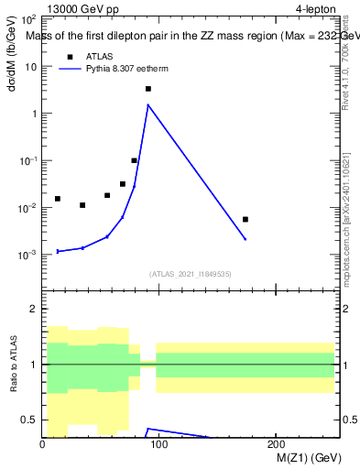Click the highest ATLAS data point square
[x=147, y=89]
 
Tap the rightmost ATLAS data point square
[x=245, y=219]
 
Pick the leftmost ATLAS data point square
[x=57, y=199]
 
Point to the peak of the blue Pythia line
[x=147, y=104]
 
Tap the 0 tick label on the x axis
[x=42, y=444]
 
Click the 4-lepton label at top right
[x=317, y=10]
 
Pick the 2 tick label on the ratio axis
[x=33, y=310]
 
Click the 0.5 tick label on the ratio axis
[x=28, y=420]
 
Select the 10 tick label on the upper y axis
[x=30, y=67]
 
